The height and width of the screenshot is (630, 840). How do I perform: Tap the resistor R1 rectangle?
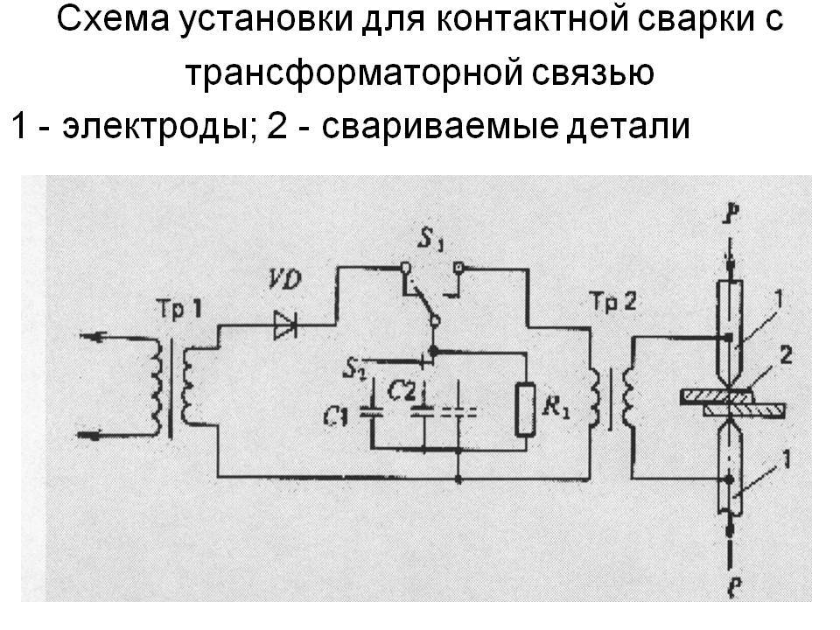click(525, 409)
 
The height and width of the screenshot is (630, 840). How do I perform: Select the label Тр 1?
click(178, 310)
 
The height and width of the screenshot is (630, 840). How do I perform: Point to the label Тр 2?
click(612, 303)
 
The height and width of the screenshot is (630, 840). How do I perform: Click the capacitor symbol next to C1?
click(370, 411)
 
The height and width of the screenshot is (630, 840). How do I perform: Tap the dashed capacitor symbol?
click(458, 411)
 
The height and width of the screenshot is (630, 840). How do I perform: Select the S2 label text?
click(354, 368)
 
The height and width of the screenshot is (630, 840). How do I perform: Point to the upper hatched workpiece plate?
click(717, 397)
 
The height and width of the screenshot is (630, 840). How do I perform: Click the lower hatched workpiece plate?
click(745, 411)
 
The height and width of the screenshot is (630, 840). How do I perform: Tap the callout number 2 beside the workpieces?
click(786, 356)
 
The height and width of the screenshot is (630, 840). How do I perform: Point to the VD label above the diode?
click(284, 280)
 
